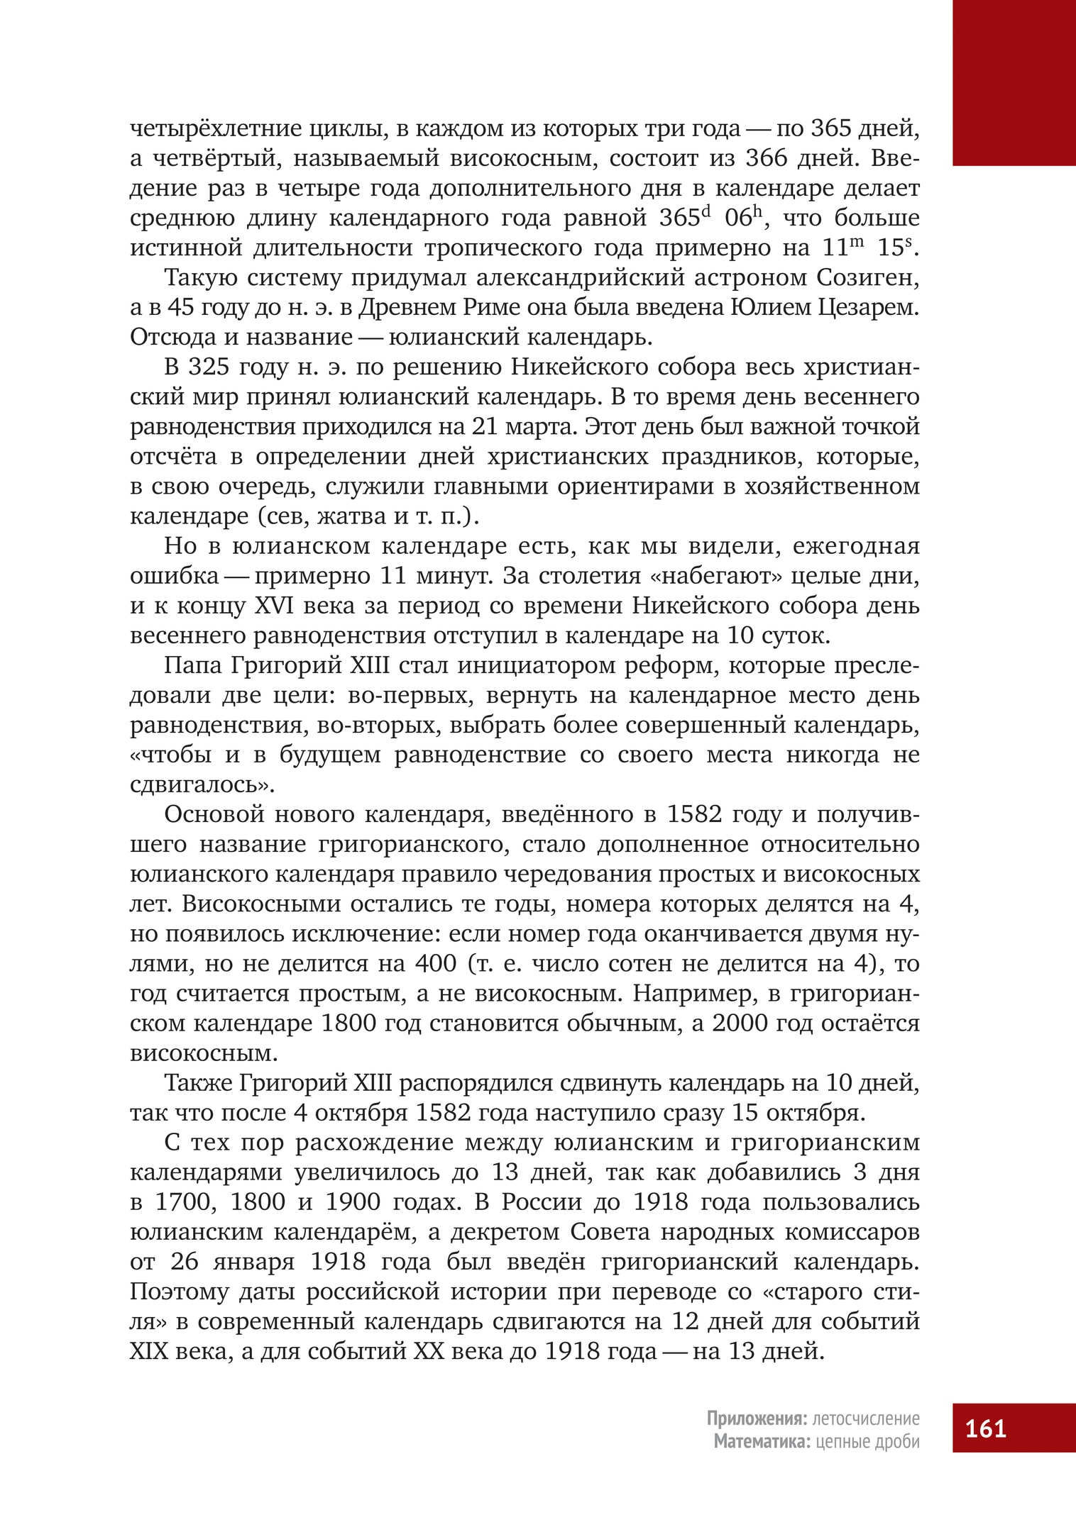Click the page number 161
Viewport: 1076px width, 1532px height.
coord(986,1428)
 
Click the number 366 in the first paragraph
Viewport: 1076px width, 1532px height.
coord(764,158)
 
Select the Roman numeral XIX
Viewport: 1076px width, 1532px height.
coord(149,1352)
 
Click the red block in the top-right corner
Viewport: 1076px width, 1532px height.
coord(1014,82)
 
